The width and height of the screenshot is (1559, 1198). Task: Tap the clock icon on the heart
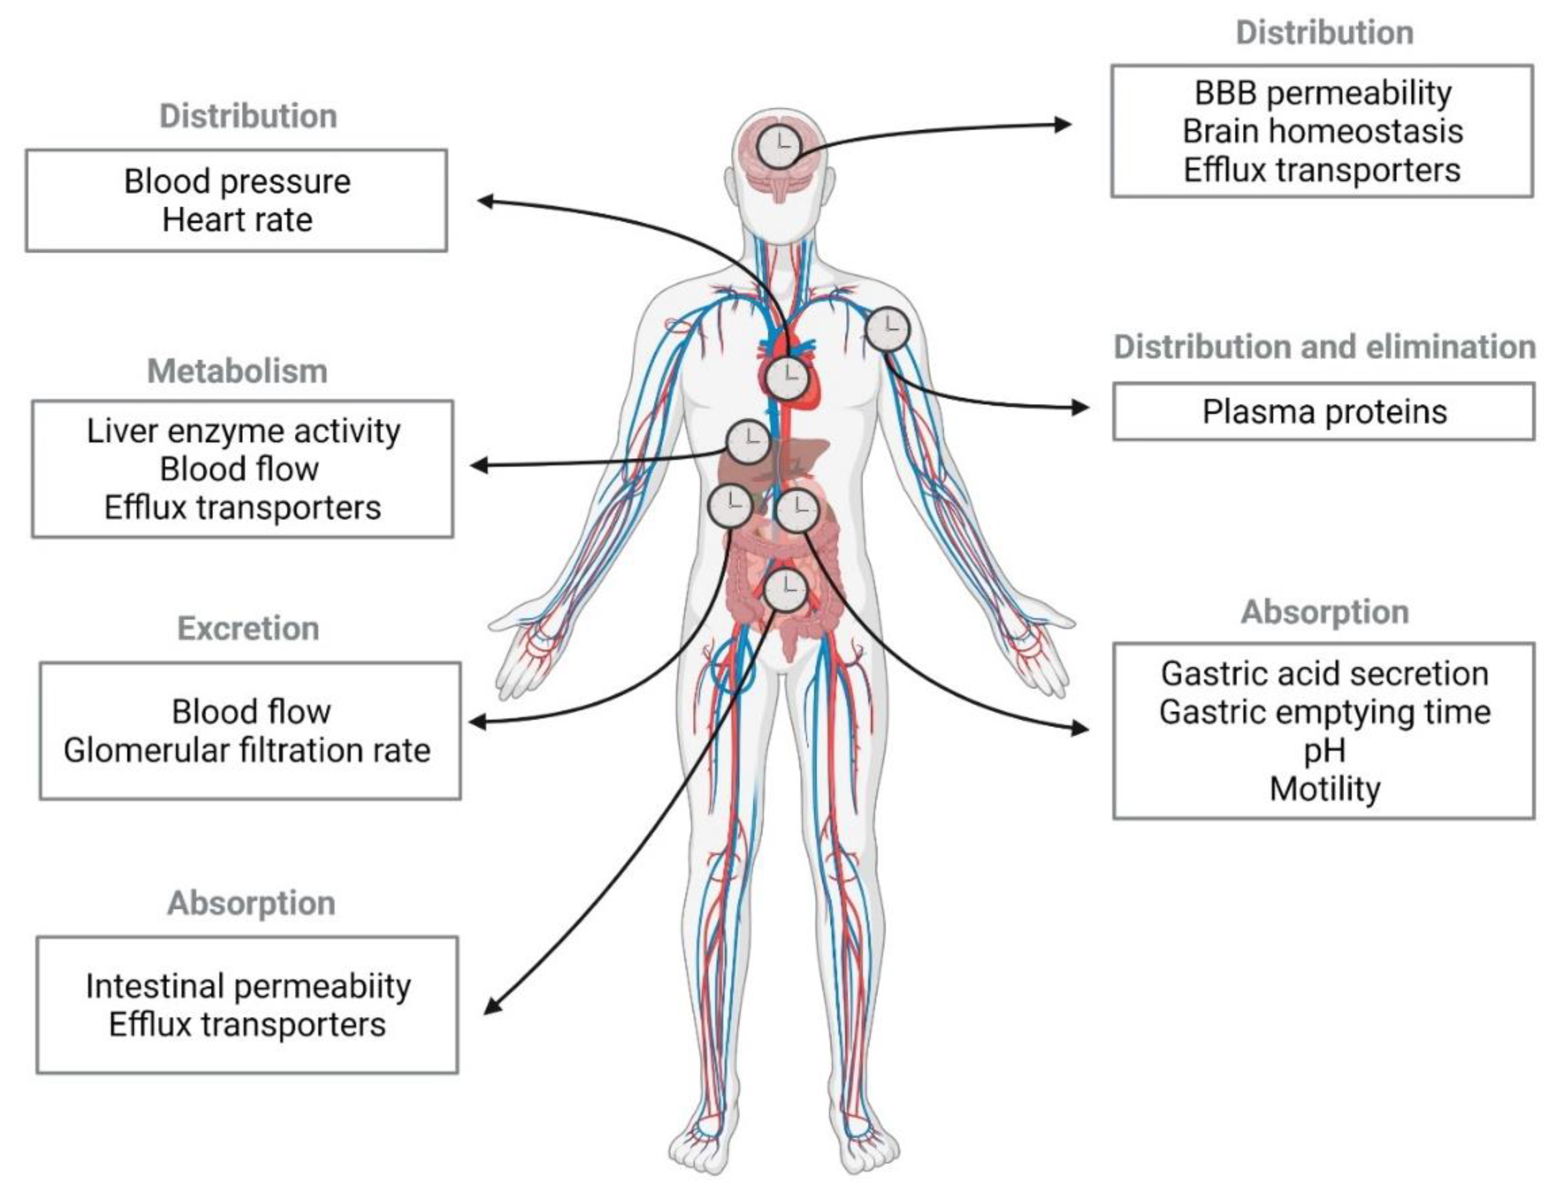pos(786,379)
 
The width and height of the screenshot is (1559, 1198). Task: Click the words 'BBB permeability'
pos(1322,93)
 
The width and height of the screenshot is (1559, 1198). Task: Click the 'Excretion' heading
pos(248,628)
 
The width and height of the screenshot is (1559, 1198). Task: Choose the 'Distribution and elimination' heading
pos(1324,346)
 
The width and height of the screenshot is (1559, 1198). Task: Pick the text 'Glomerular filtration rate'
pos(247,750)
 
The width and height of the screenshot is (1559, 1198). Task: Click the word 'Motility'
pos(1324,789)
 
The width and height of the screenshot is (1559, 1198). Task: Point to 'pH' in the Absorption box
pos(1324,750)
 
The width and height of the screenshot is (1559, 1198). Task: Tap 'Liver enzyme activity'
pos(243,431)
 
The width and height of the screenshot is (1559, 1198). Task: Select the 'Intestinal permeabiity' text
pos(248,986)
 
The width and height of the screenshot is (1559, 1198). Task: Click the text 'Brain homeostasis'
pos(1322,131)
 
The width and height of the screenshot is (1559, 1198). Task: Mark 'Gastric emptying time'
pos(1324,712)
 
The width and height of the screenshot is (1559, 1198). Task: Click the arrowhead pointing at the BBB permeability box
pos(1063,125)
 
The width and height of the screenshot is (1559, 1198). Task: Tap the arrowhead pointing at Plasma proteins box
pos(1080,407)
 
